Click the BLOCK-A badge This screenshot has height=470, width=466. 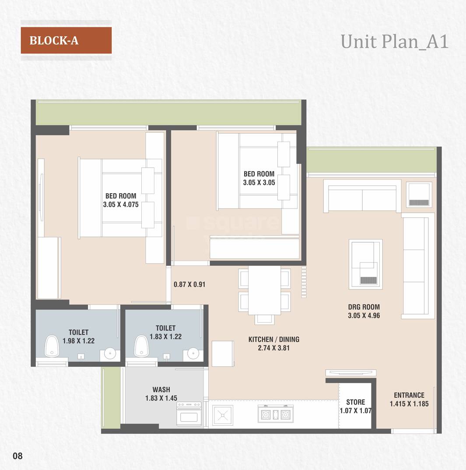coord(66,40)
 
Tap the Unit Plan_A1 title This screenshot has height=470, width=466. coord(394,42)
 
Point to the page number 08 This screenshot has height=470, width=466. coord(18,456)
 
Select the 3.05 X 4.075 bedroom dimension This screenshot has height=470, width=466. coord(121,204)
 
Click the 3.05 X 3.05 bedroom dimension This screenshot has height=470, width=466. coord(259,182)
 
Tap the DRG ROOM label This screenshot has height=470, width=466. coord(364,307)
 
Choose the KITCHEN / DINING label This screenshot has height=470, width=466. coord(274,339)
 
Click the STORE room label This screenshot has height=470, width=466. coord(355,402)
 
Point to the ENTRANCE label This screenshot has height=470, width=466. coord(409,395)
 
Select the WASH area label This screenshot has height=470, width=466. coord(161,389)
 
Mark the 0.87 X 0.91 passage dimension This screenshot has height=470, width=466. coord(189,284)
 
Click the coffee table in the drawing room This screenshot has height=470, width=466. coord(365,264)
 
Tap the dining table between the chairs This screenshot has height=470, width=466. coord(264,290)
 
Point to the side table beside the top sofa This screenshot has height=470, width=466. coord(419,194)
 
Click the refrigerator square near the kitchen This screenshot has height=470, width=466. coord(223,353)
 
